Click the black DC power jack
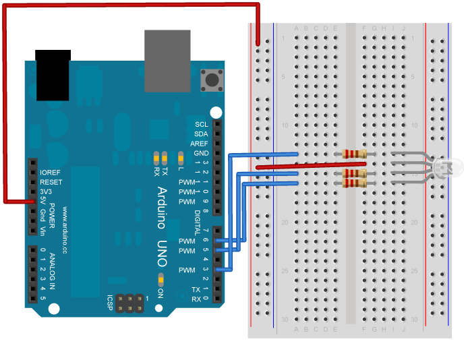[53, 74]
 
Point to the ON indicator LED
[161, 280]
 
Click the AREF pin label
[200, 144]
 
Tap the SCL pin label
[202, 125]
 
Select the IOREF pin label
[51, 173]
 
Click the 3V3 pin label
[47, 191]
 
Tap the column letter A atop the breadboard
[297, 28]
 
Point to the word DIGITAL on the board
[198, 222]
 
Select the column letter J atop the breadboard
[403, 28]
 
